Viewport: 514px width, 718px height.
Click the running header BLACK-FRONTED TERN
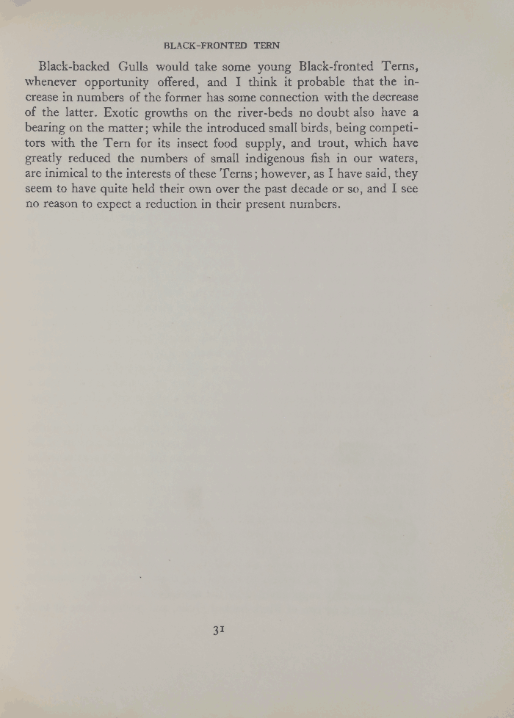click(x=221, y=45)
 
